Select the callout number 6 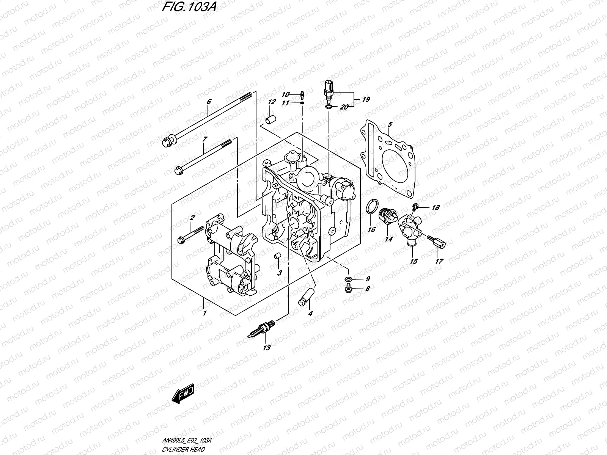[208, 102]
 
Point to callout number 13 [267, 348]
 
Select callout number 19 [366, 99]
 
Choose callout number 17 [439, 261]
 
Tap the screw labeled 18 [415, 207]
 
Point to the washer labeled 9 [348, 280]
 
